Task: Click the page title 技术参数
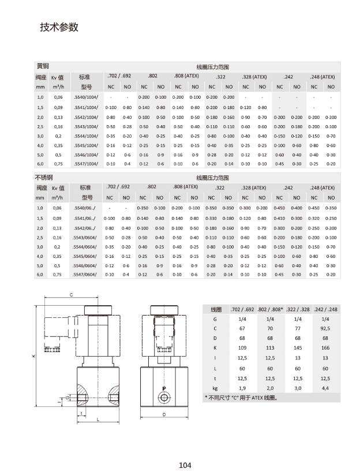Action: (58, 28)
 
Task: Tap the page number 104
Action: (185, 465)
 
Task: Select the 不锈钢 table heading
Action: (45, 178)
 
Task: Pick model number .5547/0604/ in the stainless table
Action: (87, 275)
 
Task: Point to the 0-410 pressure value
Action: (279, 219)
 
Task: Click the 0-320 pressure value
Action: (314, 219)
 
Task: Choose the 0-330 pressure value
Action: (211, 219)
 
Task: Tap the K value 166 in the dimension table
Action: (325, 348)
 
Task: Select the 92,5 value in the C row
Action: (325, 328)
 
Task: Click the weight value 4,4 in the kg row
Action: (325, 388)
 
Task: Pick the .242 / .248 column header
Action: (325, 309)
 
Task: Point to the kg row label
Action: (215, 388)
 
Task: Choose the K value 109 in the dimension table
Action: (242, 348)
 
